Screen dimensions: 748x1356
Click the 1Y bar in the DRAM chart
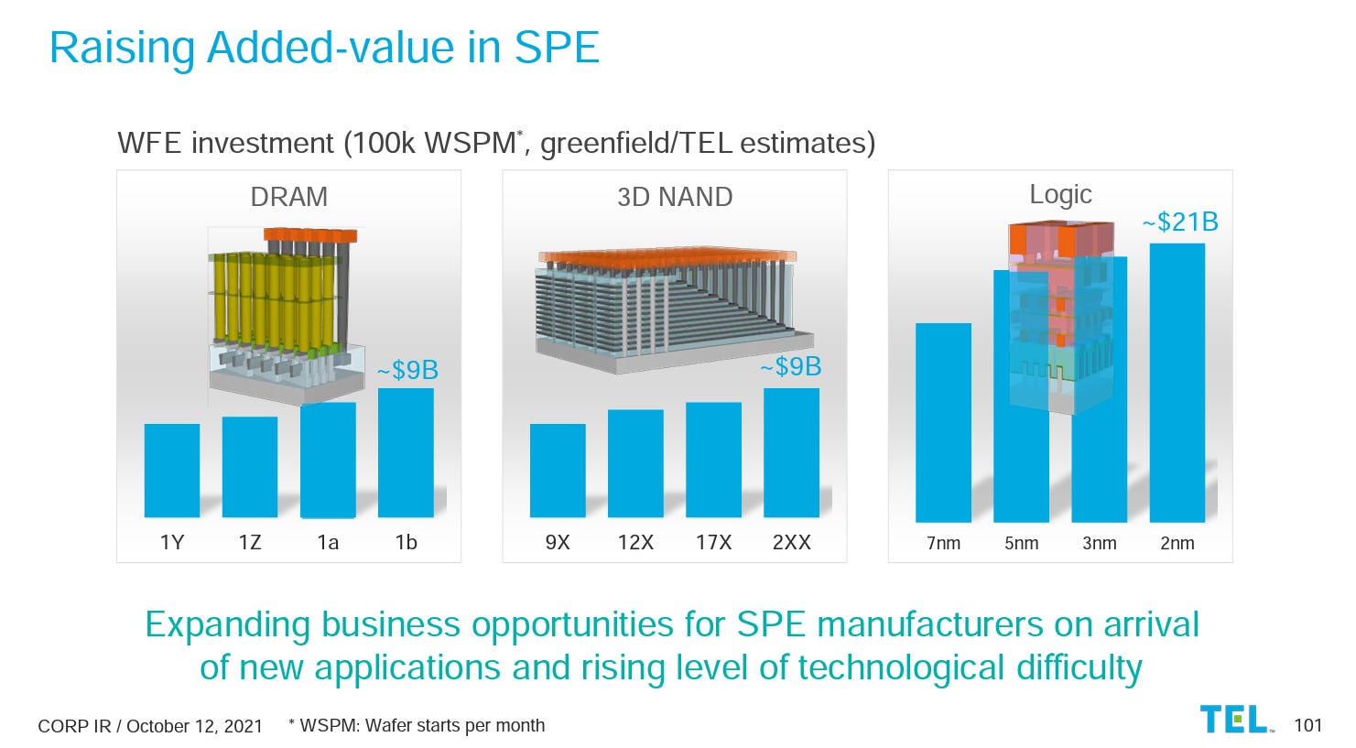coord(171,471)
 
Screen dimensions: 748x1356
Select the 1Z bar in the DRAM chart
coord(249,467)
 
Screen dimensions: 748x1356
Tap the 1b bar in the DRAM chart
coord(406,453)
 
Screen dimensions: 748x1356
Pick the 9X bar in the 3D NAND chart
coord(558,471)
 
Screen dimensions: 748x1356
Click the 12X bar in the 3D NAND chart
coord(635,463)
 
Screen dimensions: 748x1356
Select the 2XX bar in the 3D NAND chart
coord(791,453)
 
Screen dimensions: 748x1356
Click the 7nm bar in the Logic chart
coord(943,422)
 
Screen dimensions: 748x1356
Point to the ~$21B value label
coord(1179,222)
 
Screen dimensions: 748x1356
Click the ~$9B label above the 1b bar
coord(407,371)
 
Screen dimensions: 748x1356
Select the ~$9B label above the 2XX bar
coord(790,367)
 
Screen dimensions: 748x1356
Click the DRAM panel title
coord(288,197)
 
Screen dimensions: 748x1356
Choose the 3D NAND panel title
coord(675,197)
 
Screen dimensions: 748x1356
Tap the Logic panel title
coord(1060,194)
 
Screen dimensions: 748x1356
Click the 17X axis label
coord(713,543)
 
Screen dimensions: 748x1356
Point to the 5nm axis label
coord(1021,543)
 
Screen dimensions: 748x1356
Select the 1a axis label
coord(328,543)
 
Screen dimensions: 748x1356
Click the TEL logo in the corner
coord(1235,720)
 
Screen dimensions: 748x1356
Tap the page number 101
coord(1307,726)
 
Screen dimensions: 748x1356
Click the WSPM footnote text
coord(417,726)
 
